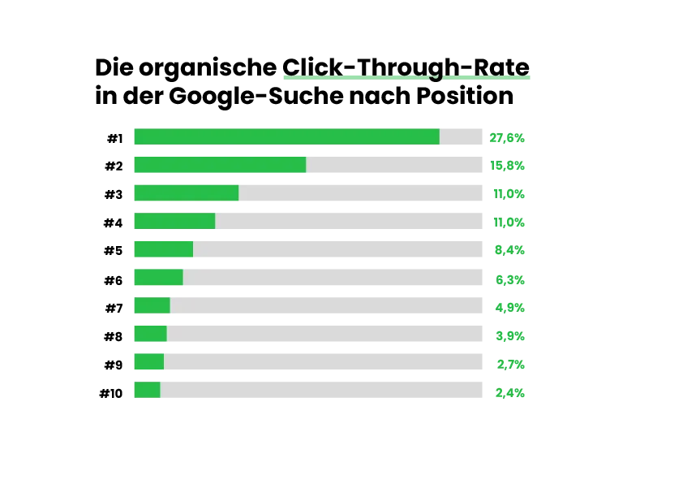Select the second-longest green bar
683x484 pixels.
point(220,165)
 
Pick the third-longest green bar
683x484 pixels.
point(187,192)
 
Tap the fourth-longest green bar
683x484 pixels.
point(174,221)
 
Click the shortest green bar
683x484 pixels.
point(147,390)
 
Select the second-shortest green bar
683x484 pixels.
point(149,361)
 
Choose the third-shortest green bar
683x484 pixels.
point(150,333)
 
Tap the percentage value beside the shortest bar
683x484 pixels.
point(510,393)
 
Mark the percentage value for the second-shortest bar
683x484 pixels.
point(510,364)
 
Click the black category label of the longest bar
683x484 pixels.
point(114,136)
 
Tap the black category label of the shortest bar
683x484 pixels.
point(110,393)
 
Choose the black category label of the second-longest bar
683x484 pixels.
point(114,166)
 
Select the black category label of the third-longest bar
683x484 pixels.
point(114,194)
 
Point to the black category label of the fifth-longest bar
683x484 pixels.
point(114,250)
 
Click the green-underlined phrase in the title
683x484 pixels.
point(406,67)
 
